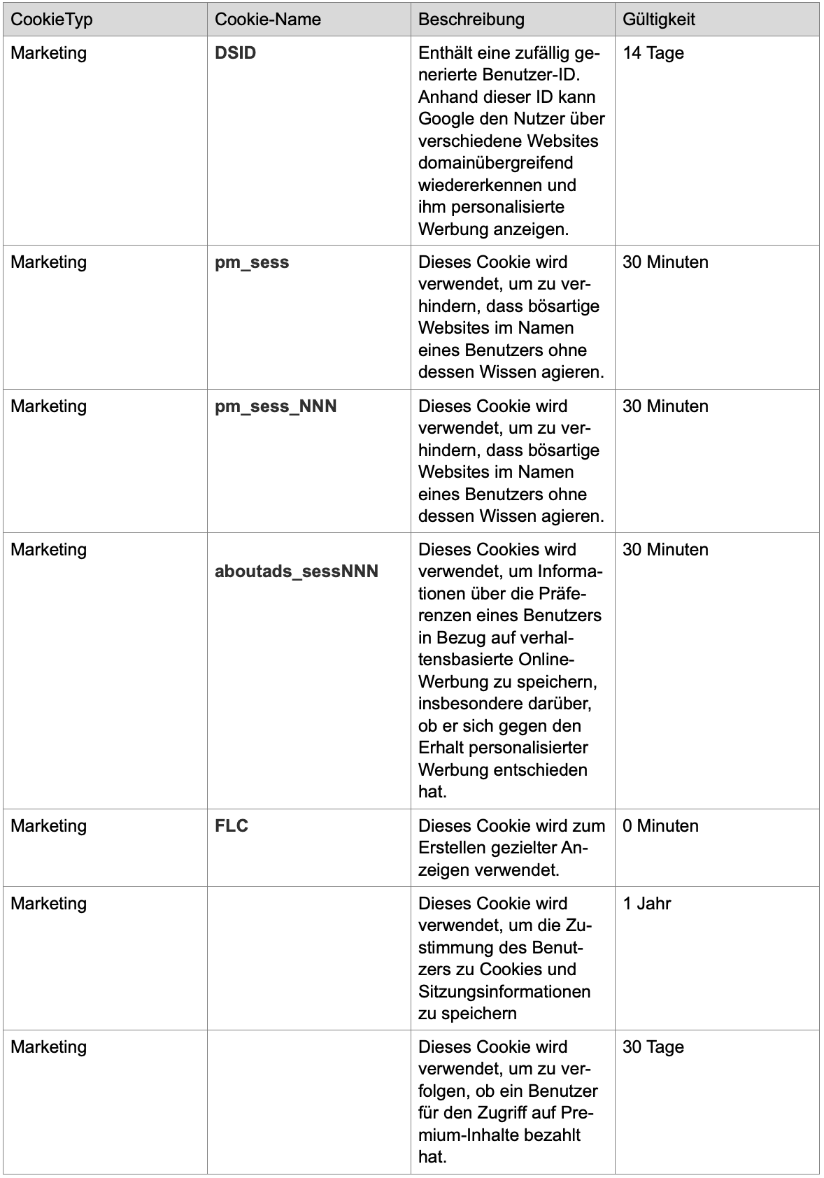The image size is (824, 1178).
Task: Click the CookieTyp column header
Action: pos(52,19)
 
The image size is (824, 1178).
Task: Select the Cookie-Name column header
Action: pos(268,19)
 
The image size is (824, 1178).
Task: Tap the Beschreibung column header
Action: pos(471,19)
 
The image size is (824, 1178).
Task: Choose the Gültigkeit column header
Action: pos(659,19)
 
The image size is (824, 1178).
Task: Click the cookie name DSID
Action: pos(236,53)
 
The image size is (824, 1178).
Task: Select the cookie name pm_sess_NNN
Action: pos(276,406)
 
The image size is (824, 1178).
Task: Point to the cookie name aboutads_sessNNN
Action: pos(297,572)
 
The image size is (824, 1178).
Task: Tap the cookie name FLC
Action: pos(232,826)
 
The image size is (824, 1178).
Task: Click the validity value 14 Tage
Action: pos(653,53)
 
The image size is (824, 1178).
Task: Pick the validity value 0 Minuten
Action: pos(660,826)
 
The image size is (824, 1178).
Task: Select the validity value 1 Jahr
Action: pos(647,904)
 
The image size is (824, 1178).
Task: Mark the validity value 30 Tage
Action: pos(653,1047)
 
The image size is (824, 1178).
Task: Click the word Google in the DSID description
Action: pos(447,119)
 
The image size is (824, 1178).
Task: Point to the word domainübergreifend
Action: pos(496,163)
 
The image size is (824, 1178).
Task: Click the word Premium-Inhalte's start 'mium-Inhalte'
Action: pos(464,1135)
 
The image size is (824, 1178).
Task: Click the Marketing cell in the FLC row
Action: pos(49,826)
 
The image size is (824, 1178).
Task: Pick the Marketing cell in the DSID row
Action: pos(49,53)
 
